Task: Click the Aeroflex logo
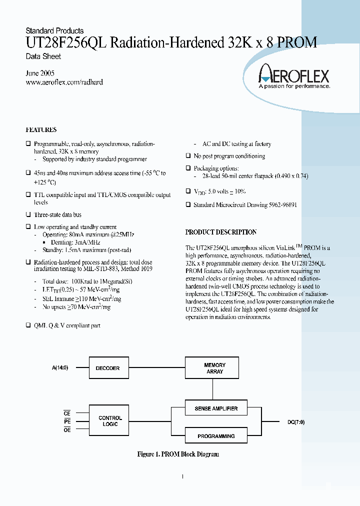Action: click(x=293, y=77)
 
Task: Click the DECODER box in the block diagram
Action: click(x=107, y=368)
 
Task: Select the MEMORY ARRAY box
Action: click(x=214, y=368)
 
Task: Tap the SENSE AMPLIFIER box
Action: click(x=216, y=408)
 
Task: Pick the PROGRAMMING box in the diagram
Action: click(x=216, y=436)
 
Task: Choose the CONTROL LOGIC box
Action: click(x=110, y=421)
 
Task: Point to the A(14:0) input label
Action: click(x=60, y=368)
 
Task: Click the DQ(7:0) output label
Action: click(x=296, y=422)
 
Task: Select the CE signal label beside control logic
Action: click(x=67, y=413)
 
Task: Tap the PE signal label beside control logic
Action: click(x=67, y=421)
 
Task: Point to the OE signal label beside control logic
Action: click(x=67, y=429)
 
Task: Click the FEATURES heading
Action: click(x=41, y=130)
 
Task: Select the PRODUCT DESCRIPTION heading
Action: click(x=220, y=232)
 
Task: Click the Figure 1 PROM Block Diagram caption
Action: click(x=178, y=454)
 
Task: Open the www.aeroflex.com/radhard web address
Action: click(x=64, y=82)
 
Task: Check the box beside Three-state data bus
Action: click(x=28, y=214)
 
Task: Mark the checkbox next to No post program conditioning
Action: click(x=188, y=156)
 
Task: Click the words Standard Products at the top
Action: click(x=54, y=31)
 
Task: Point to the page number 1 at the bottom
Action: click(x=182, y=476)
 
